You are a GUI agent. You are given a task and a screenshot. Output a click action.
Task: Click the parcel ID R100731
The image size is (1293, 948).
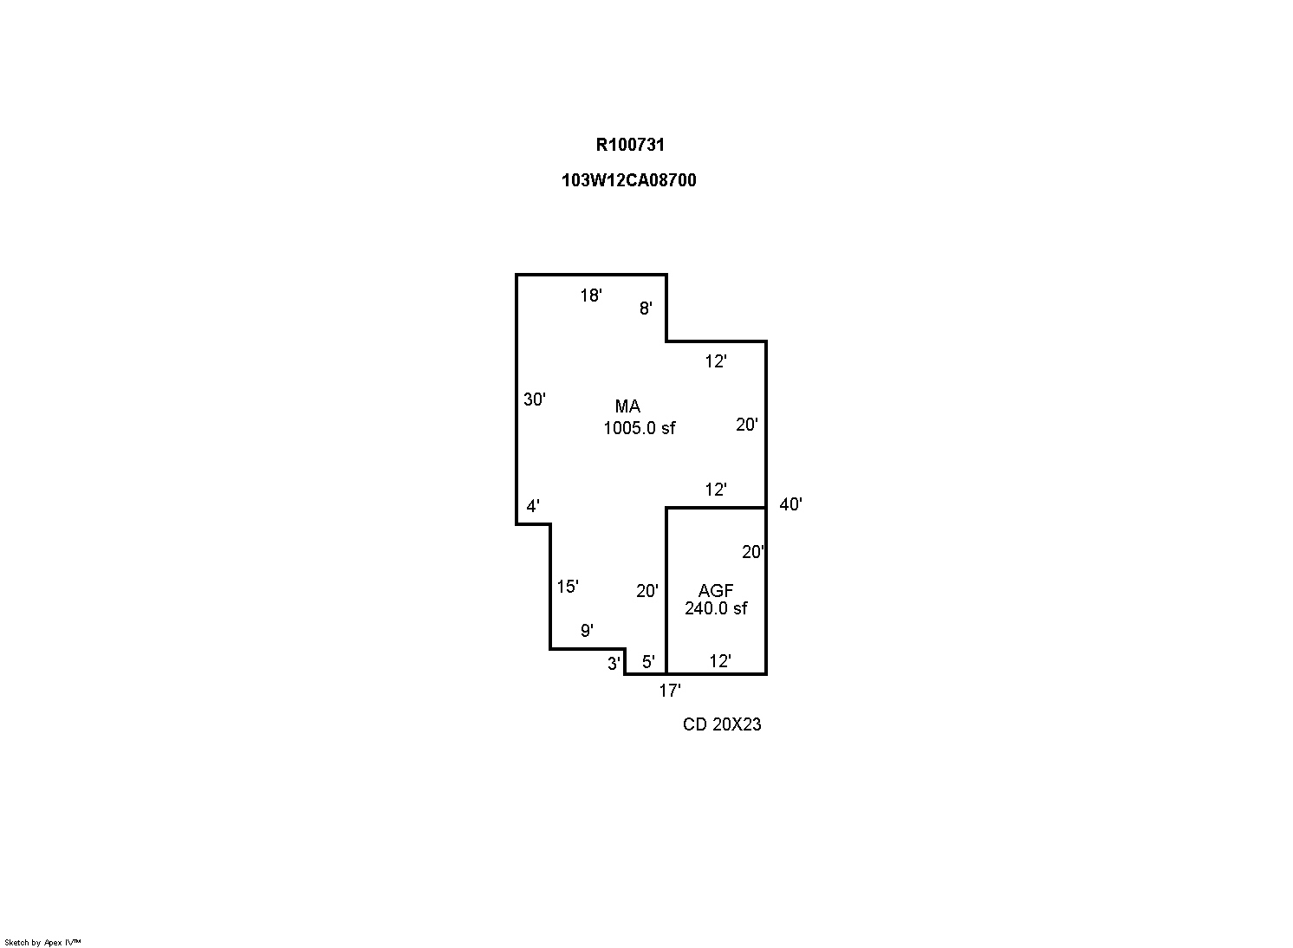click(x=630, y=145)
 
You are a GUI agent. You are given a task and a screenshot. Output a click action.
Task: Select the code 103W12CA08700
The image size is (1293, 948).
click(x=628, y=180)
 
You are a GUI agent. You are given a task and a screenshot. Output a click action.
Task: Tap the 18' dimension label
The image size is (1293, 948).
click(x=590, y=295)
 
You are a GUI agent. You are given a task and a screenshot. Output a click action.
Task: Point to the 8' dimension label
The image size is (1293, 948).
click(x=646, y=308)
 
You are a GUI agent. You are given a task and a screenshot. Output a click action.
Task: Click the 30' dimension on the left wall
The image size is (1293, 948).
click(x=534, y=399)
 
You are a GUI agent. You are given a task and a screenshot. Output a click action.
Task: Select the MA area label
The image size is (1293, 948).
click(x=627, y=406)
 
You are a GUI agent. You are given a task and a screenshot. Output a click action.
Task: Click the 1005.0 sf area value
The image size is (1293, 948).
click(x=639, y=428)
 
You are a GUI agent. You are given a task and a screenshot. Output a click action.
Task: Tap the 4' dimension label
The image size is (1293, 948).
click(x=533, y=506)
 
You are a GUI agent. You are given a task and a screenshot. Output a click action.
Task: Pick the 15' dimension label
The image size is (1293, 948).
click(x=568, y=587)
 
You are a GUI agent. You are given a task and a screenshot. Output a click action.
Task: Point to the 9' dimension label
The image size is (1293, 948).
click(x=587, y=631)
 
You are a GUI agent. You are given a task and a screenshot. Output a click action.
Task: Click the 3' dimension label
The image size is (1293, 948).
click(x=614, y=664)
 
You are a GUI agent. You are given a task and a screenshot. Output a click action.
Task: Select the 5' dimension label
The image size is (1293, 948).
click(x=648, y=662)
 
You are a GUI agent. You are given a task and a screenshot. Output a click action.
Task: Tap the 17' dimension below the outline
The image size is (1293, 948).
click(x=670, y=691)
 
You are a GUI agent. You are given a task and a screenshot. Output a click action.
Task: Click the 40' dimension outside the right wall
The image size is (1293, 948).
click(x=790, y=504)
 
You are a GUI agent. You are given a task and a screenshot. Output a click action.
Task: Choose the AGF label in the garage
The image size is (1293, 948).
click(x=715, y=591)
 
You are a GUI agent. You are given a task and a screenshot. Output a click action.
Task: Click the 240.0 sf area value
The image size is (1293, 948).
click(x=716, y=608)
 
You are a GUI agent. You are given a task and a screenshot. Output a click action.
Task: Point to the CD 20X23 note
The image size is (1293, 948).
click(x=722, y=724)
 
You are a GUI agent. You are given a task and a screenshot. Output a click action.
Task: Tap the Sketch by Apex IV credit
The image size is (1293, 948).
click(x=42, y=942)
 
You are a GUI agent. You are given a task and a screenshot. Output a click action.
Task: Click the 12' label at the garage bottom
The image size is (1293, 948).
click(x=720, y=660)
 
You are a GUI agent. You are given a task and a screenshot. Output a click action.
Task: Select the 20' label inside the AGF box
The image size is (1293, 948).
click(x=753, y=552)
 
